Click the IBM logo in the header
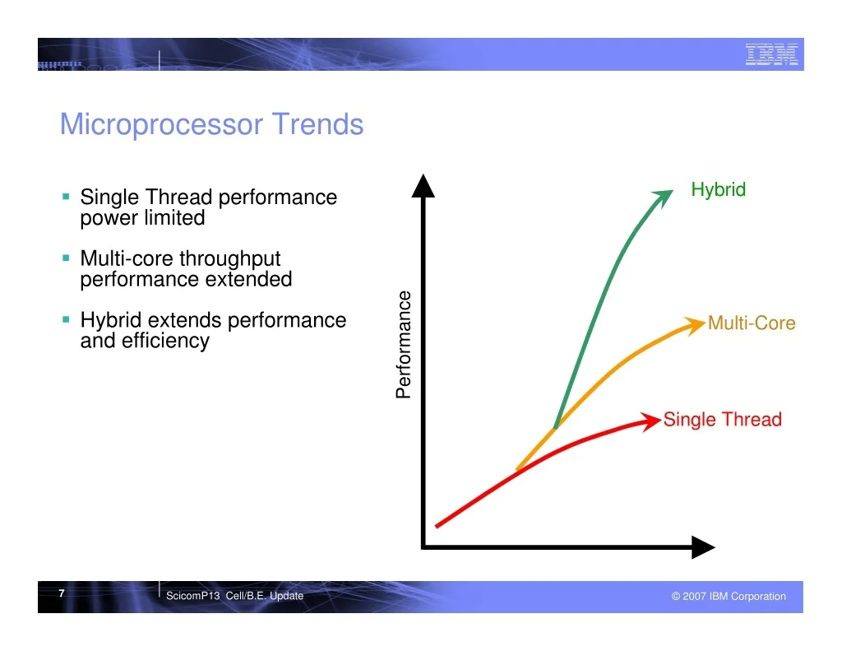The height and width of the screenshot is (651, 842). pyautogui.click(x=771, y=54)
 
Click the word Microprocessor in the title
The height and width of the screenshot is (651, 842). pyautogui.click(x=161, y=125)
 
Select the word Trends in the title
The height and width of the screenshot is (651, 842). pyautogui.click(x=318, y=124)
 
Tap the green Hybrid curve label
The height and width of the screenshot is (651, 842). pyautogui.click(x=718, y=190)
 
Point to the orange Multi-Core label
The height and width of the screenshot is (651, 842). pyautogui.click(x=752, y=323)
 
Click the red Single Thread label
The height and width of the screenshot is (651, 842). pyautogui.click(x=722, y=419)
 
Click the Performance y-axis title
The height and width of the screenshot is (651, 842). pyautogui.click(x=403, y=345)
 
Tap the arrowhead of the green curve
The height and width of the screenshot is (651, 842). pyautogui.click(x=663, y=198)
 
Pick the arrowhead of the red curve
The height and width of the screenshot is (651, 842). pyautogui.click(x=651, y=421)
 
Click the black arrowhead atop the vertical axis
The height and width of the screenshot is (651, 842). pyautogui.click(x=423, y=186)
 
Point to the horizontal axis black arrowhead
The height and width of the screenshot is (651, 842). pyautogui.click(x=703, y=547)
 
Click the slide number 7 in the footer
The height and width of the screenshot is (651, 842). pyautogui.click(x=62, y=593)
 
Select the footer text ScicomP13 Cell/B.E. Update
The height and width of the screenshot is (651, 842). pyautogui.click(x=234, y=596)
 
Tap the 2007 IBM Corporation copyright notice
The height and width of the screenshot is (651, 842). pyautogui.click(x=729, y=596)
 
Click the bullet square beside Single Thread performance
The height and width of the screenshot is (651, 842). pyautogui.click(x=66, y=197)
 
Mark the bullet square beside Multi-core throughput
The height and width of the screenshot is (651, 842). pyautogui.click(x=66, y=258)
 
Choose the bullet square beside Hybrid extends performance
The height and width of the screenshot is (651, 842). pyautogui.click(x=66, y=319)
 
